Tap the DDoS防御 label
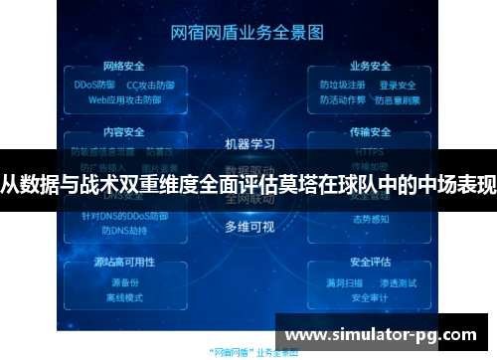pos(95,86)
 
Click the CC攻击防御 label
pos(148,86)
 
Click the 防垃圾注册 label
pos(343,86)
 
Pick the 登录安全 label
pos(398,86)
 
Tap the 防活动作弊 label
pos(343,99)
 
